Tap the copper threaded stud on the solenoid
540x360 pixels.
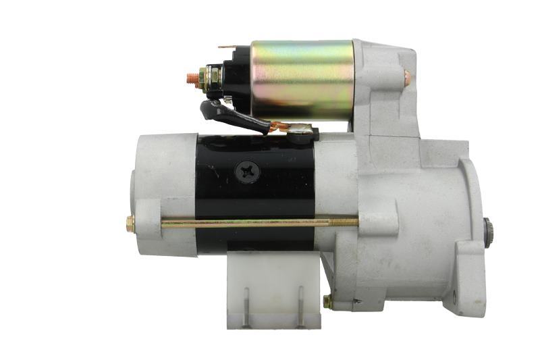tap(192, 78)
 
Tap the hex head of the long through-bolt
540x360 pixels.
tap(130, 224)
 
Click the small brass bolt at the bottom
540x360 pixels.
tap(327, 301)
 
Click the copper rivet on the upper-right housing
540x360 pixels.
tap(406, 76)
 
